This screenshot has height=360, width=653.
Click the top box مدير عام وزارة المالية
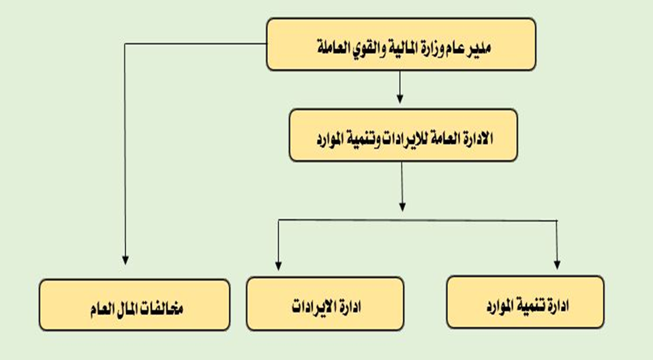tap(401, 44)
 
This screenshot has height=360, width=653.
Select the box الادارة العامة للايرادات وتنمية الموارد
tap(403, 136)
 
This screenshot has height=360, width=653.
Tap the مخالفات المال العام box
tap(134, 305)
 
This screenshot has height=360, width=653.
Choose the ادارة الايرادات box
tap(325, 304)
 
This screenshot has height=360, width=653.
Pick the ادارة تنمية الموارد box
tap(525, 302)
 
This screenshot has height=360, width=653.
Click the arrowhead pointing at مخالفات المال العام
tap(125, 260)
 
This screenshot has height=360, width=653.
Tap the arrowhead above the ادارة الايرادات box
tap(279, 266)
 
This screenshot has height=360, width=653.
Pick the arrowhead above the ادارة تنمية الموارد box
tap(557, 265)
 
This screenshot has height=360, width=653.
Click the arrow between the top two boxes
tap(400, 87)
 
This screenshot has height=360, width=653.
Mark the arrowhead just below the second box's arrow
tap(402, 207)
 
